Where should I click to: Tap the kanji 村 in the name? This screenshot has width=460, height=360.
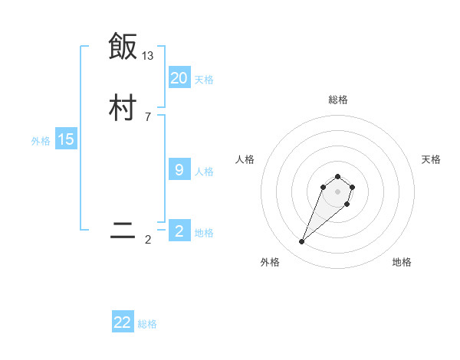coord(123,108)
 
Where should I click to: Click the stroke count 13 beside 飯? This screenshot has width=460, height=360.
coord(148,56)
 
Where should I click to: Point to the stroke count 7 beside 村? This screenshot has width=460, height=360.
coord(148,116)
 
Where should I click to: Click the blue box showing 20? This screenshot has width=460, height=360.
coord(179,78)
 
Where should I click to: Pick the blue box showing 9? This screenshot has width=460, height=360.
coord(179,170)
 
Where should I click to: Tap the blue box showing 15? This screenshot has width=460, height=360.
coord(66,139)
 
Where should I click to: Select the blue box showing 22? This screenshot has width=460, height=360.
coord(123,322)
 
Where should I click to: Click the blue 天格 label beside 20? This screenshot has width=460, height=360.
coord(204,80)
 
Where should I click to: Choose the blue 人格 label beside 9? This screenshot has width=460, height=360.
coord(204,172)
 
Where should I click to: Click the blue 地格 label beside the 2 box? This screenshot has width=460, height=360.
coord(204,233)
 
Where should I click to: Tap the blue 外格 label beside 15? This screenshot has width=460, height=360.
coord(41,141)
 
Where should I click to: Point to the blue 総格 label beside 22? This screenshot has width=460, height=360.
coord(147,324)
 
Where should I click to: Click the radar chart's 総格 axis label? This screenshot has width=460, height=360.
coord(338,100)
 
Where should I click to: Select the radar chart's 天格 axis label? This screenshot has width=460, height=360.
coord(432,159)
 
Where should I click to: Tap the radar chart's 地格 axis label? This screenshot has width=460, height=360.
coord(402,262)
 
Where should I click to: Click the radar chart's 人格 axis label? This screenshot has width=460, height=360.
coord(245,159)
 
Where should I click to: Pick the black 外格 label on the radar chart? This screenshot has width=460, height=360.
coord(270,262)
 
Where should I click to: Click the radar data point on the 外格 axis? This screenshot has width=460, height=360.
coord(302,242)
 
